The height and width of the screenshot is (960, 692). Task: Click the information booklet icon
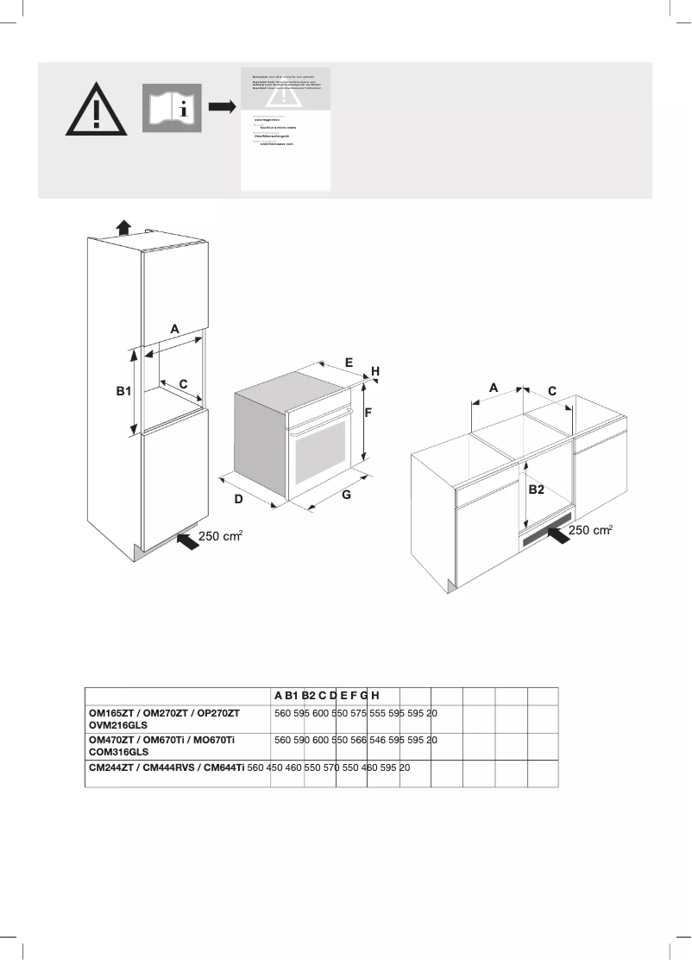(173, 108)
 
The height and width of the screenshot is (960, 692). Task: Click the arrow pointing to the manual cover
(221, 106)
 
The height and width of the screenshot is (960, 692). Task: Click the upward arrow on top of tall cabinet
(124, 227)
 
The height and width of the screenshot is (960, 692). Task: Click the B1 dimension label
(124, 391)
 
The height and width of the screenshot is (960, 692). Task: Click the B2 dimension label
(537, 489)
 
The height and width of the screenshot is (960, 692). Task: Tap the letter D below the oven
(239, 500)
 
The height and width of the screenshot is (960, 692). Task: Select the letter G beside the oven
(346, 496)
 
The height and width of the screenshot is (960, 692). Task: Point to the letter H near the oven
(375, 370)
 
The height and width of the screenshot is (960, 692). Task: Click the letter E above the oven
(349, 363)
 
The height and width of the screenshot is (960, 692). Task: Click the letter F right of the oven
(368, 413)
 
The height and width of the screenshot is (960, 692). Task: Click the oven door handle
(318, 423)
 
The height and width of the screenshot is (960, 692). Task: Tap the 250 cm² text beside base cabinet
(590, 529)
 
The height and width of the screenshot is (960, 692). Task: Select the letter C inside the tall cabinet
(183, 382)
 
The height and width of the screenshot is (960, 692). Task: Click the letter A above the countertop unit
(494, 388)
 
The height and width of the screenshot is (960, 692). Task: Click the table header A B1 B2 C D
(305, 696)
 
